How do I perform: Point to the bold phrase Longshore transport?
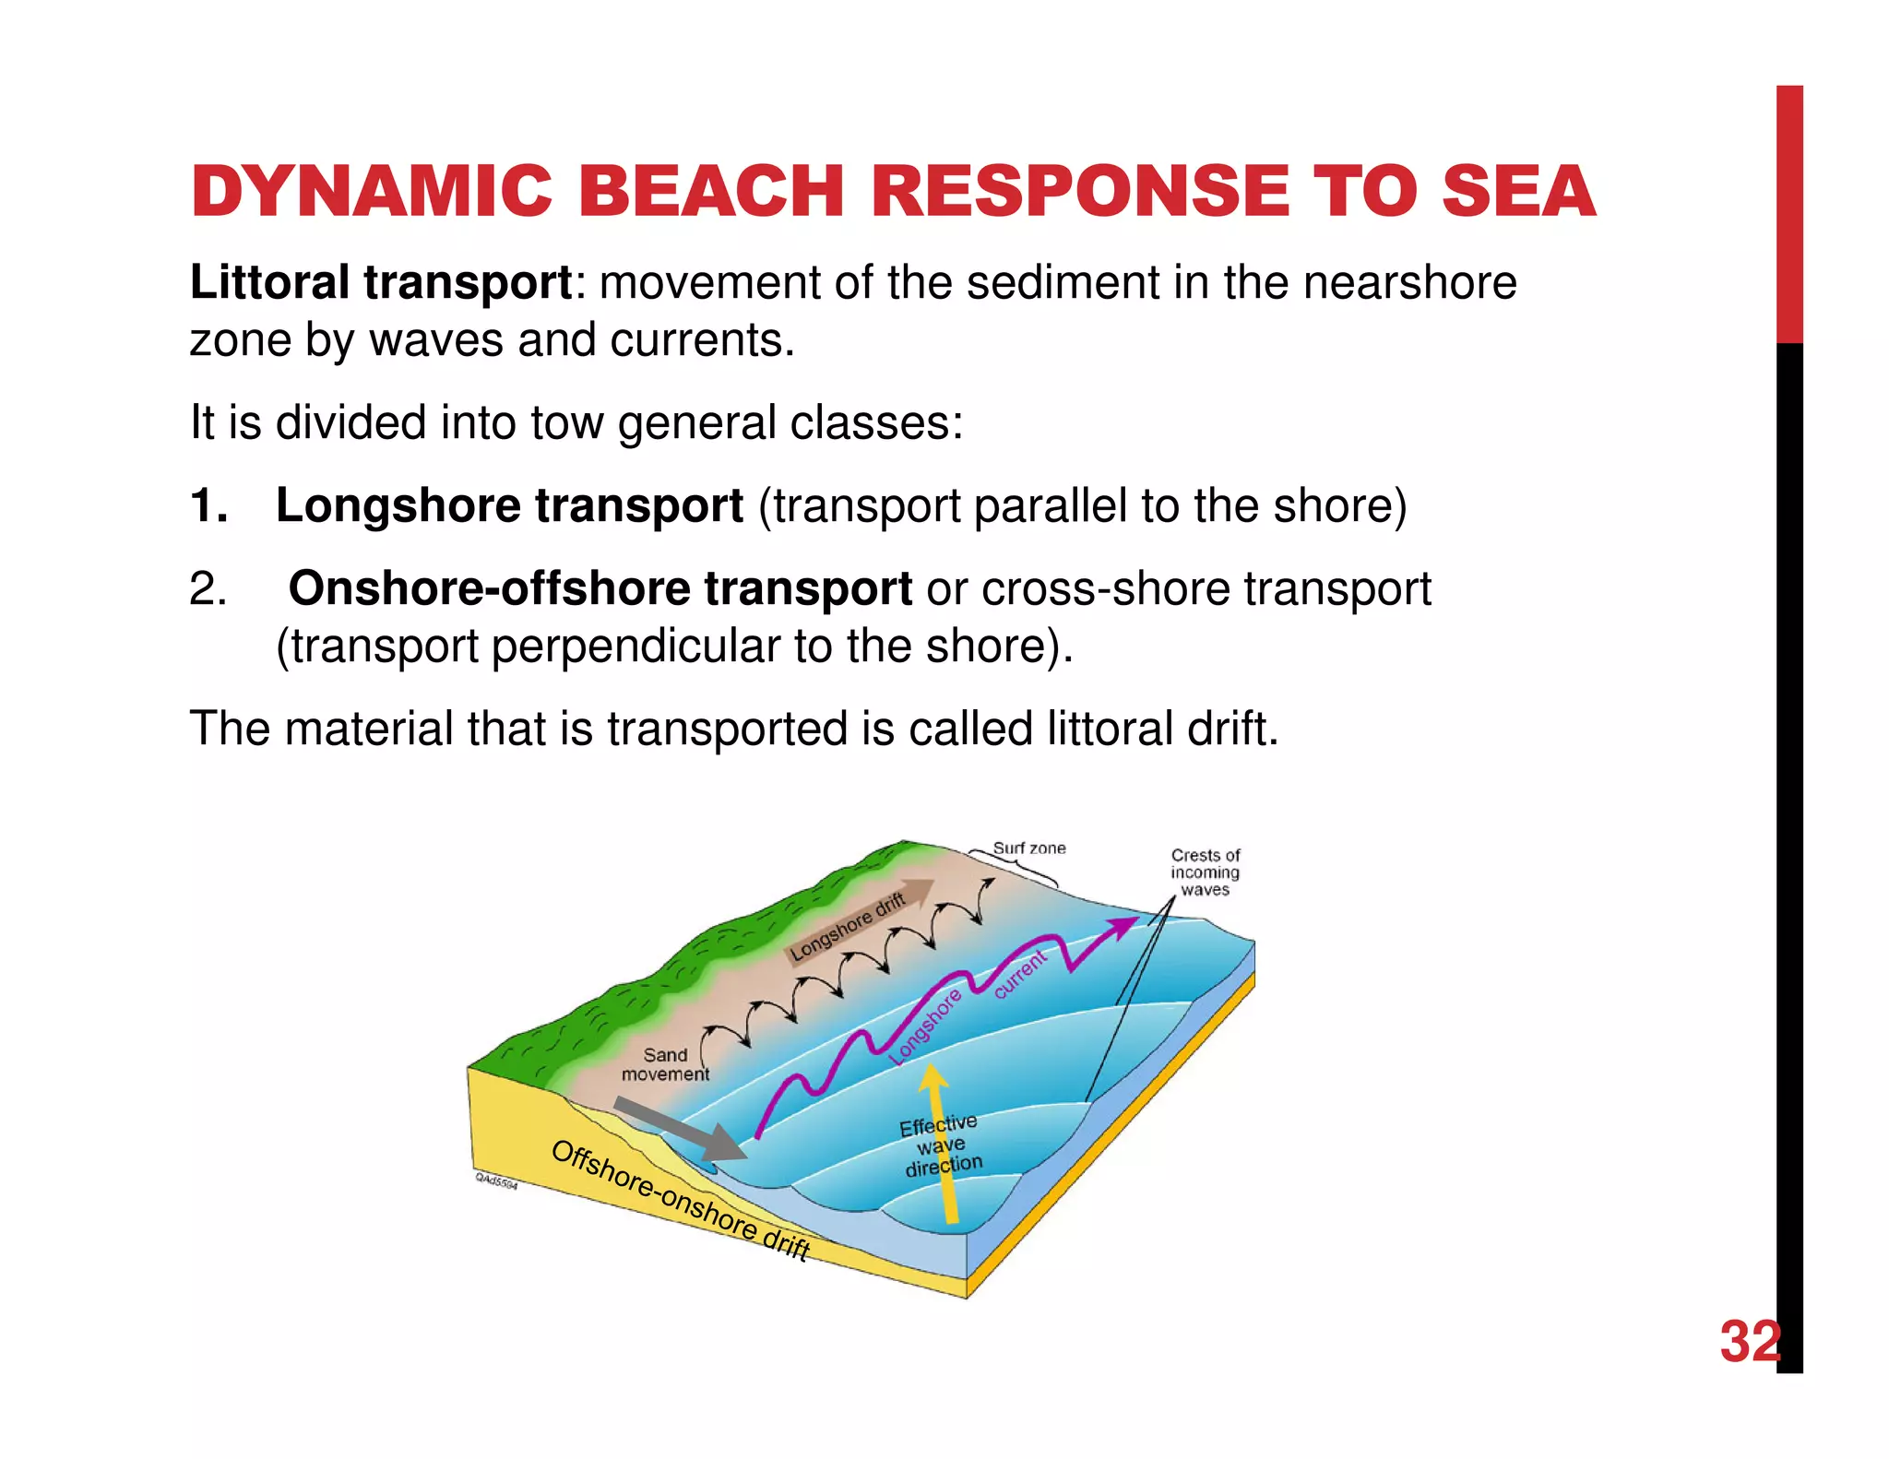tap(509, 505)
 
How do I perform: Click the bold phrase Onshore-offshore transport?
tap(600, 588)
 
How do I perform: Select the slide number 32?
tap(1749, 1341)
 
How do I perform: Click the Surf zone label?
tap(1028, 848)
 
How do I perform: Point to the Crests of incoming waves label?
tap(1205, 872)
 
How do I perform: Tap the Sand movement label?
tap(665, 1064)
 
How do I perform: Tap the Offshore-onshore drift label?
tap(680, 1199)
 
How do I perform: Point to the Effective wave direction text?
tap(941, 1145)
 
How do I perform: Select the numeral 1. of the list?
tap(208, 505)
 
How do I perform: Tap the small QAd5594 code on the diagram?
tap(496, 1180)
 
